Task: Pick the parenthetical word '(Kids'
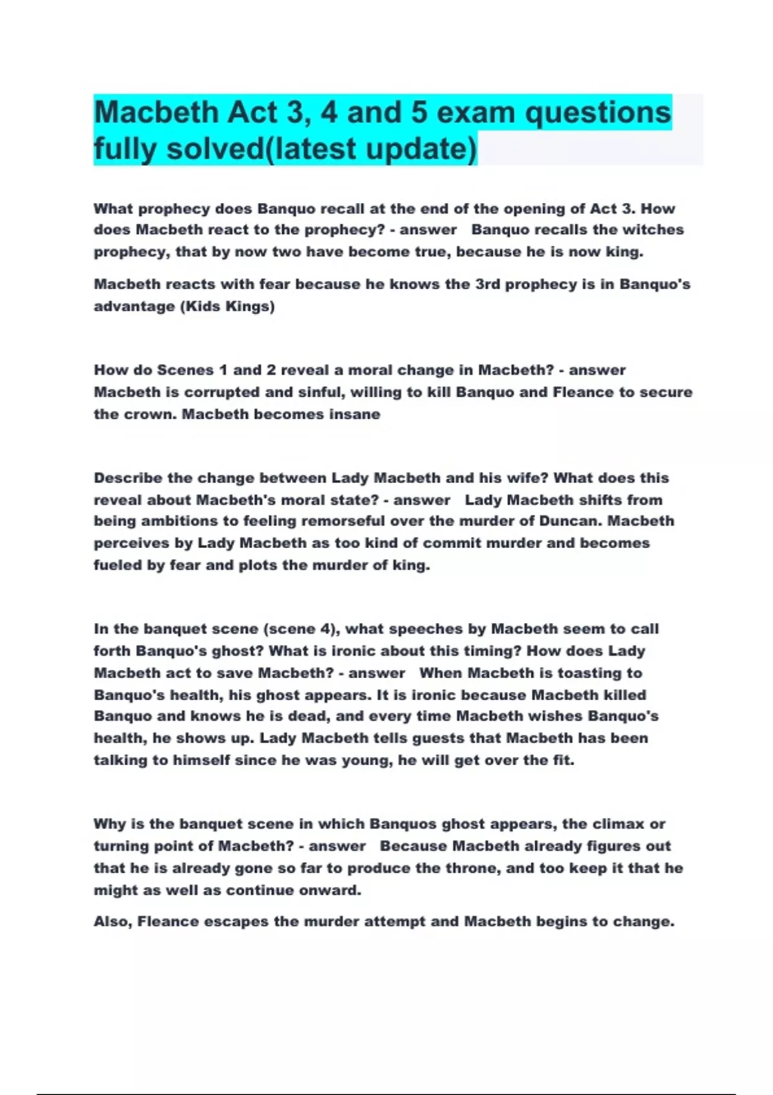[x=200, y=306]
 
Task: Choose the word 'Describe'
[x=128, y=478]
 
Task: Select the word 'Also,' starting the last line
[x=113, y=922]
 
